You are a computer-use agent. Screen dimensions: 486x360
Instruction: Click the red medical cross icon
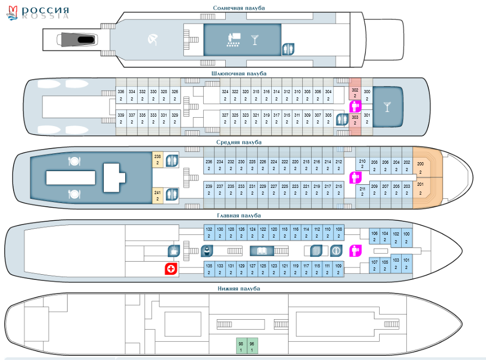pyautogui.click(x=171, y=268)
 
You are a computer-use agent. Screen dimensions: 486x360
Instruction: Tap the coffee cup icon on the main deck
pyautogui.click(x=174, y=250)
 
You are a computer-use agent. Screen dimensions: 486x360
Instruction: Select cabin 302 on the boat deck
pyautogui.click(x=355, y=93)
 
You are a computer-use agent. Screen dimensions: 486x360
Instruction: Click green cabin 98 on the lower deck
pyautogui.click(x=241, y=346)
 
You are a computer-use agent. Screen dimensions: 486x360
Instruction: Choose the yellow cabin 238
pyautogui.click(x=158, y=160)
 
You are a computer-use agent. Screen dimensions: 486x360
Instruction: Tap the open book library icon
pyautogui.click(x=262, y=251)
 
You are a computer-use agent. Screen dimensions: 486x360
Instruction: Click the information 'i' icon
pyautogui.click(x=336, y=251)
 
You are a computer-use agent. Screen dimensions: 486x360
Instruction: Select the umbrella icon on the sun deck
pyautogui.click(x=153, y=40)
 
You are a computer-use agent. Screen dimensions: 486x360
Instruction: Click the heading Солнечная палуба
pyautogui.click(x=239, y=8)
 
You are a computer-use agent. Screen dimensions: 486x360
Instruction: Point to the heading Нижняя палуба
pyautogui.click(x=239, y=289)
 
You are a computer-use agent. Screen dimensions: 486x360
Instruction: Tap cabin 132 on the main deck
pyautogui.click(x=209, y=232)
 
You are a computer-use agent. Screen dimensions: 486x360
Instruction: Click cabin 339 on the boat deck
pyautogui.click(x=121, y=118)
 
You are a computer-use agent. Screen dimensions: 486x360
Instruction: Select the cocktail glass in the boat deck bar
pyautogui.click(x=387, y=107)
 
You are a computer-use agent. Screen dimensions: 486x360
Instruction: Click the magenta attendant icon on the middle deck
pyautogui.click(x=355, y=177)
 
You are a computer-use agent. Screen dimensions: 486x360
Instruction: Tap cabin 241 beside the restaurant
pyautogui.click(x=158, y=196)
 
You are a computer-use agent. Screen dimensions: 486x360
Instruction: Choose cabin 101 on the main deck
pyautogui.click(x=406, y=264)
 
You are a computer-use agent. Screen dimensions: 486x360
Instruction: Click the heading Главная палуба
pyautogui.click(x=239, y=216)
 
